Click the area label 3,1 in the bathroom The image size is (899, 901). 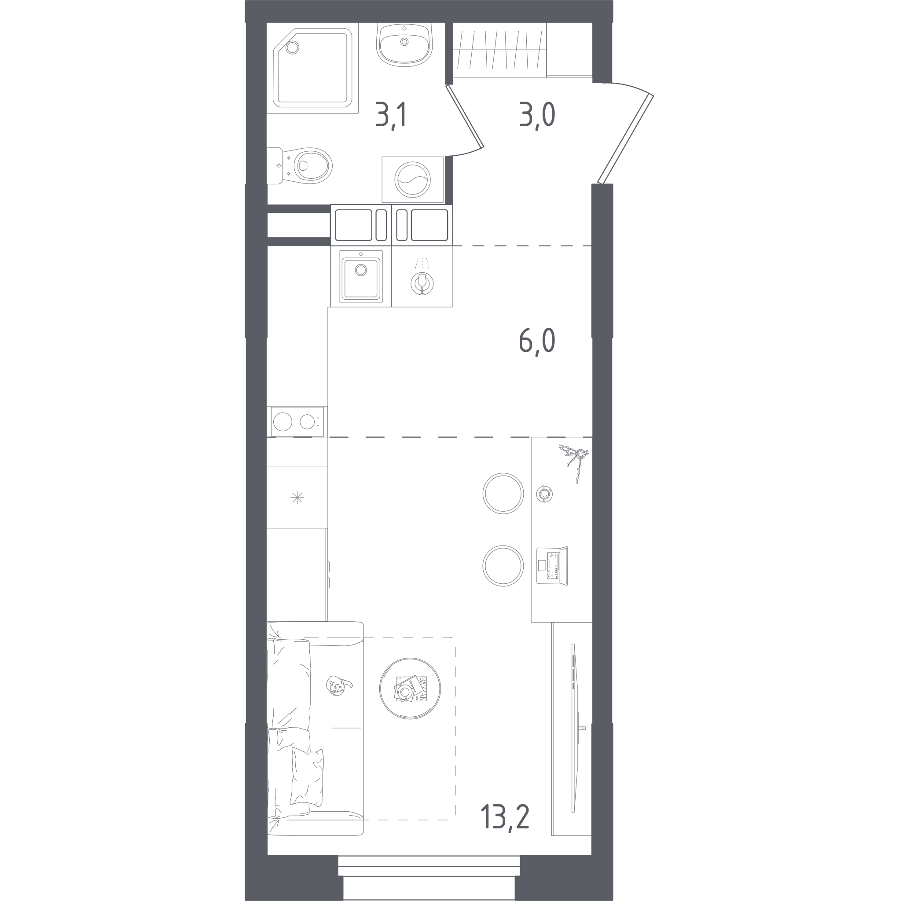pyautogui.click(x=391, y=116)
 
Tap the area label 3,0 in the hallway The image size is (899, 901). pyautogui.click(x=537, y=116)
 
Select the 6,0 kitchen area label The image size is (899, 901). pyautogui.click(x=537, y=341)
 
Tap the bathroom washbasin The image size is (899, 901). pyautogui.click(x=404, y=44)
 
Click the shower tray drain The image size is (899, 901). pyautogui.click(x=292, y=48)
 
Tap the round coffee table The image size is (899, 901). pyautogui.click(x=410, y=689)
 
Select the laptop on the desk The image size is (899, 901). pyautogui.click(x=552, y=566)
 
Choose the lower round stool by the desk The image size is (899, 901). pyautogui.click(x=503, y=566)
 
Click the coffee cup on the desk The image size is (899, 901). pyautogui.click(x=544, y=494)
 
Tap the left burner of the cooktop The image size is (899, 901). pyautogui.click(x=283, y=422)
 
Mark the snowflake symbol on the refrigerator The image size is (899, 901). pyautogui.click(x=297, y=498)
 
